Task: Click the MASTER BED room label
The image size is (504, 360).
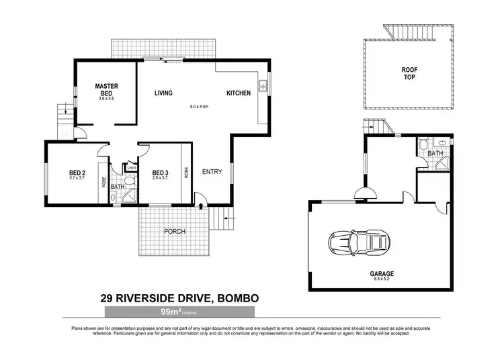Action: [107, 89]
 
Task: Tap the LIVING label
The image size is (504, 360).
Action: [163, 93]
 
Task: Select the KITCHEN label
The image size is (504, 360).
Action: [239, 93]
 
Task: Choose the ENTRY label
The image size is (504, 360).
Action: [212, 171]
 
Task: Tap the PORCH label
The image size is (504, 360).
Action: [174, 232]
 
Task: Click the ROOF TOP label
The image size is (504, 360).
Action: [409, 72]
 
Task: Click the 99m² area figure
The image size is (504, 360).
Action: [169, 312]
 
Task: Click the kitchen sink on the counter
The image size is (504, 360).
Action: [265, 85]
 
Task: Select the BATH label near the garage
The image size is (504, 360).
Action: [435, 154]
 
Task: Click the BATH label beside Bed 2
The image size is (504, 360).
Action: [117, 186]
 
